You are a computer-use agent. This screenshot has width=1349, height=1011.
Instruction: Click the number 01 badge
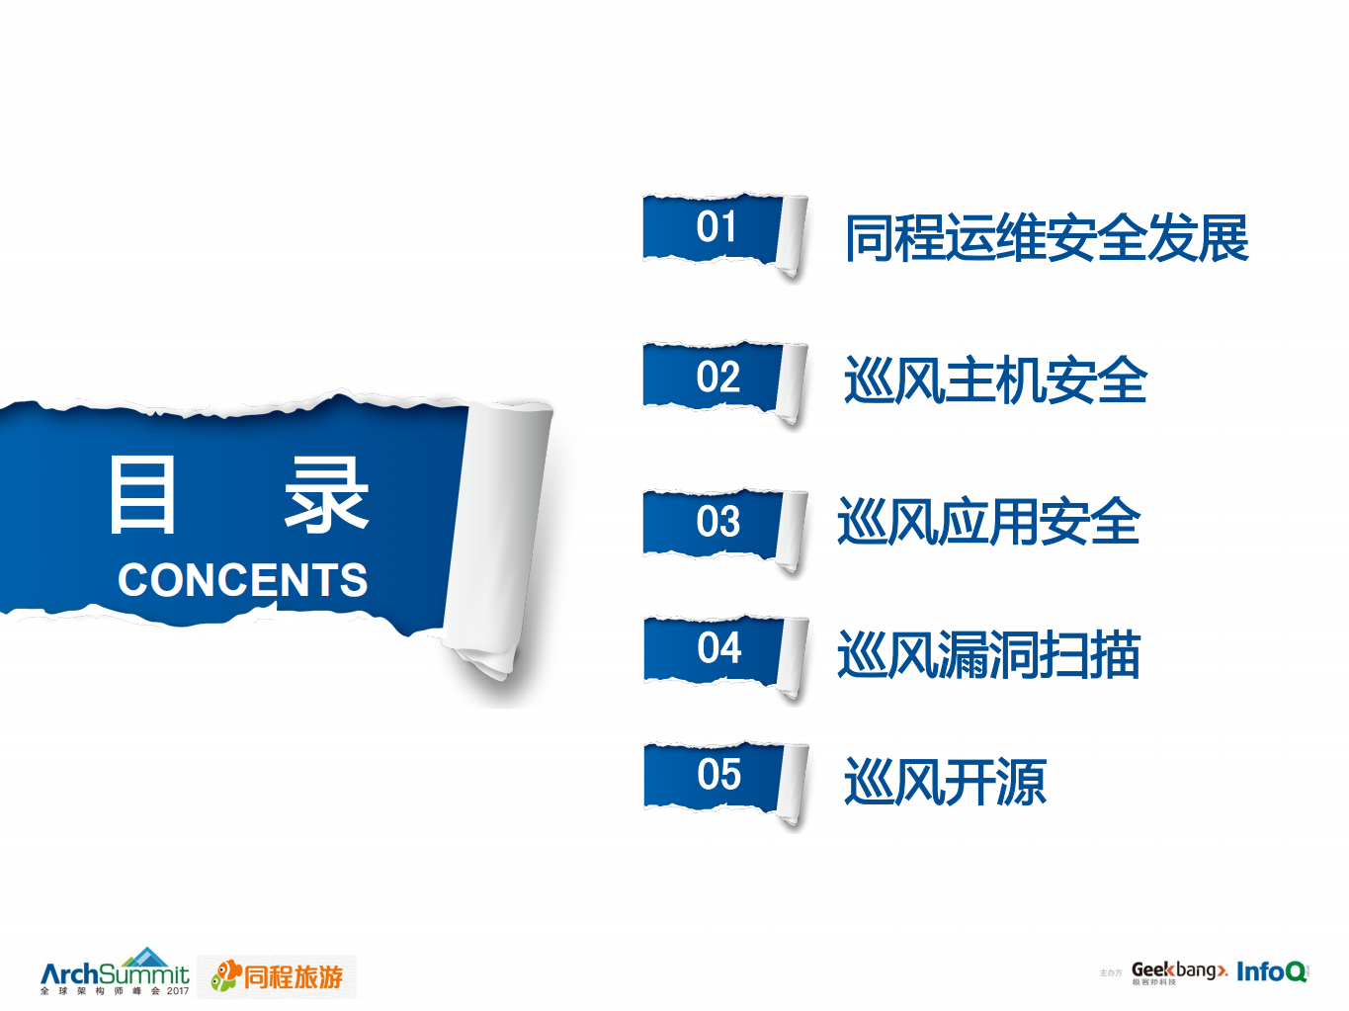point(717,228)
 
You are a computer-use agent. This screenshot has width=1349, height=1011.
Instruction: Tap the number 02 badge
point(717,378)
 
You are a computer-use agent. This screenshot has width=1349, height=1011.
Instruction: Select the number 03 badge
point(717,522)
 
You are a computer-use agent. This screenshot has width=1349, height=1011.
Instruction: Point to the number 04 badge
point(718,648)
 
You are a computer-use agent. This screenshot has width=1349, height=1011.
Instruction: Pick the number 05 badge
point(718,775)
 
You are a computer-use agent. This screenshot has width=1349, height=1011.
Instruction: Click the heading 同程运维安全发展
point(1047,238)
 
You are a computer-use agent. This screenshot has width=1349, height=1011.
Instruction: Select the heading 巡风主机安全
point(995,380)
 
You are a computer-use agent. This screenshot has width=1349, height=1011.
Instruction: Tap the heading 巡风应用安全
point(989,522)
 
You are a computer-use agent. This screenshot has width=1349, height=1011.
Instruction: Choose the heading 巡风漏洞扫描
point(989,655)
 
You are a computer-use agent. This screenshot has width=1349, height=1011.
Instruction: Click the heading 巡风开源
point(945,783)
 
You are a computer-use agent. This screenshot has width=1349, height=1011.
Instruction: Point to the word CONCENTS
point(242,580)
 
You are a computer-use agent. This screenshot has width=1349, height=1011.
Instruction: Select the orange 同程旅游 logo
point(278,976)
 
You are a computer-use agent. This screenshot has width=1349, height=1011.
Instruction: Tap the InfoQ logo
point(1272,971)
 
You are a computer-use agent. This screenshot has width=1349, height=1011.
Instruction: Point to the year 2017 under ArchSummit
point(178,991)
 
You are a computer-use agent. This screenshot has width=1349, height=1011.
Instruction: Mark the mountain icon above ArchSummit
point(148,957)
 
